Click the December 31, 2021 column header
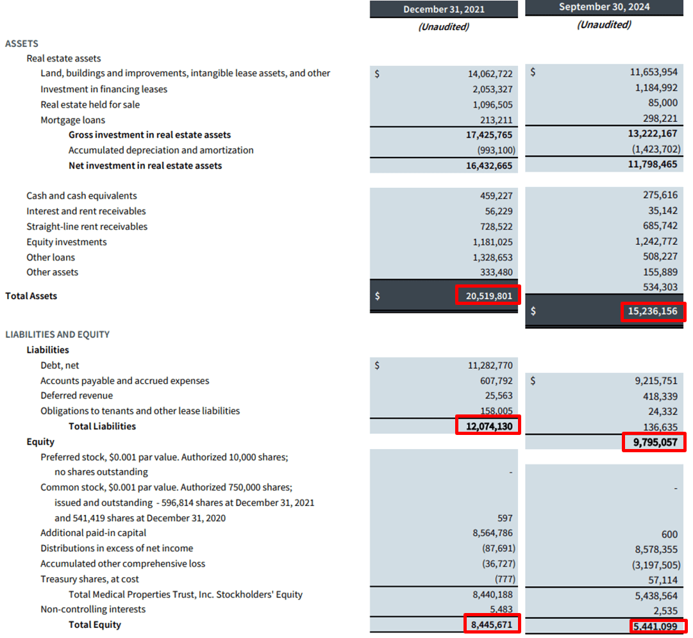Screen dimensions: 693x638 click(444, 9)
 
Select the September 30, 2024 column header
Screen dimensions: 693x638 click(604, 7)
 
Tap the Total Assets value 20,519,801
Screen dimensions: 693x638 click(488, 296)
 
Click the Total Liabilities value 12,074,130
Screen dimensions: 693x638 click(488, 426)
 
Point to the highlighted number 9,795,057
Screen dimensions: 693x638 click(654, 442)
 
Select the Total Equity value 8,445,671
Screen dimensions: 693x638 click(491, 625)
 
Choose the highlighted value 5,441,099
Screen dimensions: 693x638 click(655, 626)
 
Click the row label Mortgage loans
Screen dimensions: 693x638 click(72, 120)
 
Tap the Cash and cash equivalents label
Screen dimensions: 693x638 click(81, 195)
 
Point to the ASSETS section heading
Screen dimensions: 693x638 click(22, 44)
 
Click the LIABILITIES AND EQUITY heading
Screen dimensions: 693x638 click(57, 334)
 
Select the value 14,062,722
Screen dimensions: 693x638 click(490, 74)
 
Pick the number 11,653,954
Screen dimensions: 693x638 click(653, 72)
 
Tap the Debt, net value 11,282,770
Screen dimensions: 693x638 click(490, 365)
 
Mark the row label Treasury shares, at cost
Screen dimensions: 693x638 click(90, 579)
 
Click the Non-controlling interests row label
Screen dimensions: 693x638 click(93, 609)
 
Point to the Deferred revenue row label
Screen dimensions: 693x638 click(76, 395)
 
